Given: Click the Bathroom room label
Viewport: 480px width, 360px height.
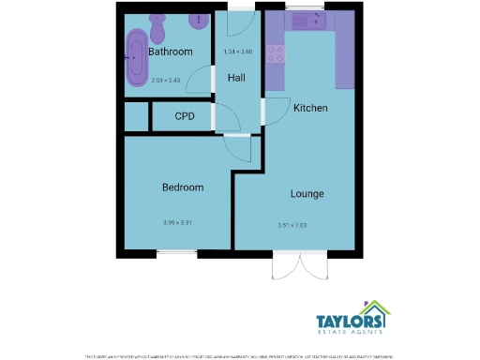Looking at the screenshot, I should [171, 52].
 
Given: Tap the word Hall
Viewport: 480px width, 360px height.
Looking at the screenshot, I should [236, 78].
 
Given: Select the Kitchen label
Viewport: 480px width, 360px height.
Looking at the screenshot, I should [310, 109].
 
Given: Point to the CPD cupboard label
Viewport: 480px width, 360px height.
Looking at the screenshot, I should [185, 118].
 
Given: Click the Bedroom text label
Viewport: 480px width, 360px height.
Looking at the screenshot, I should [182, 187].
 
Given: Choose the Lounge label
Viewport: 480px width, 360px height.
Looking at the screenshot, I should [307, 195].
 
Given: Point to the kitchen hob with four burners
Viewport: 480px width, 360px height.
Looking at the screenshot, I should [276, 53].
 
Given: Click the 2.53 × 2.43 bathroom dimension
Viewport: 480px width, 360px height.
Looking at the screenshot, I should [170, 81].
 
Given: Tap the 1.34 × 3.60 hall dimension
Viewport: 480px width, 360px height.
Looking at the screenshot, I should [237, 51].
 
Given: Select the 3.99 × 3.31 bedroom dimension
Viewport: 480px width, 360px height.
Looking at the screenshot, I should [177, 222].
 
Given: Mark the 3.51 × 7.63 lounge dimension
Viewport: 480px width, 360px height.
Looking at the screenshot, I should [293, 226].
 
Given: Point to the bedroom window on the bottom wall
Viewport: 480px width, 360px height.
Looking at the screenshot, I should [177, 253].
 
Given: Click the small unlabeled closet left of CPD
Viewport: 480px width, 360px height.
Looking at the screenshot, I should [137, 117].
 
